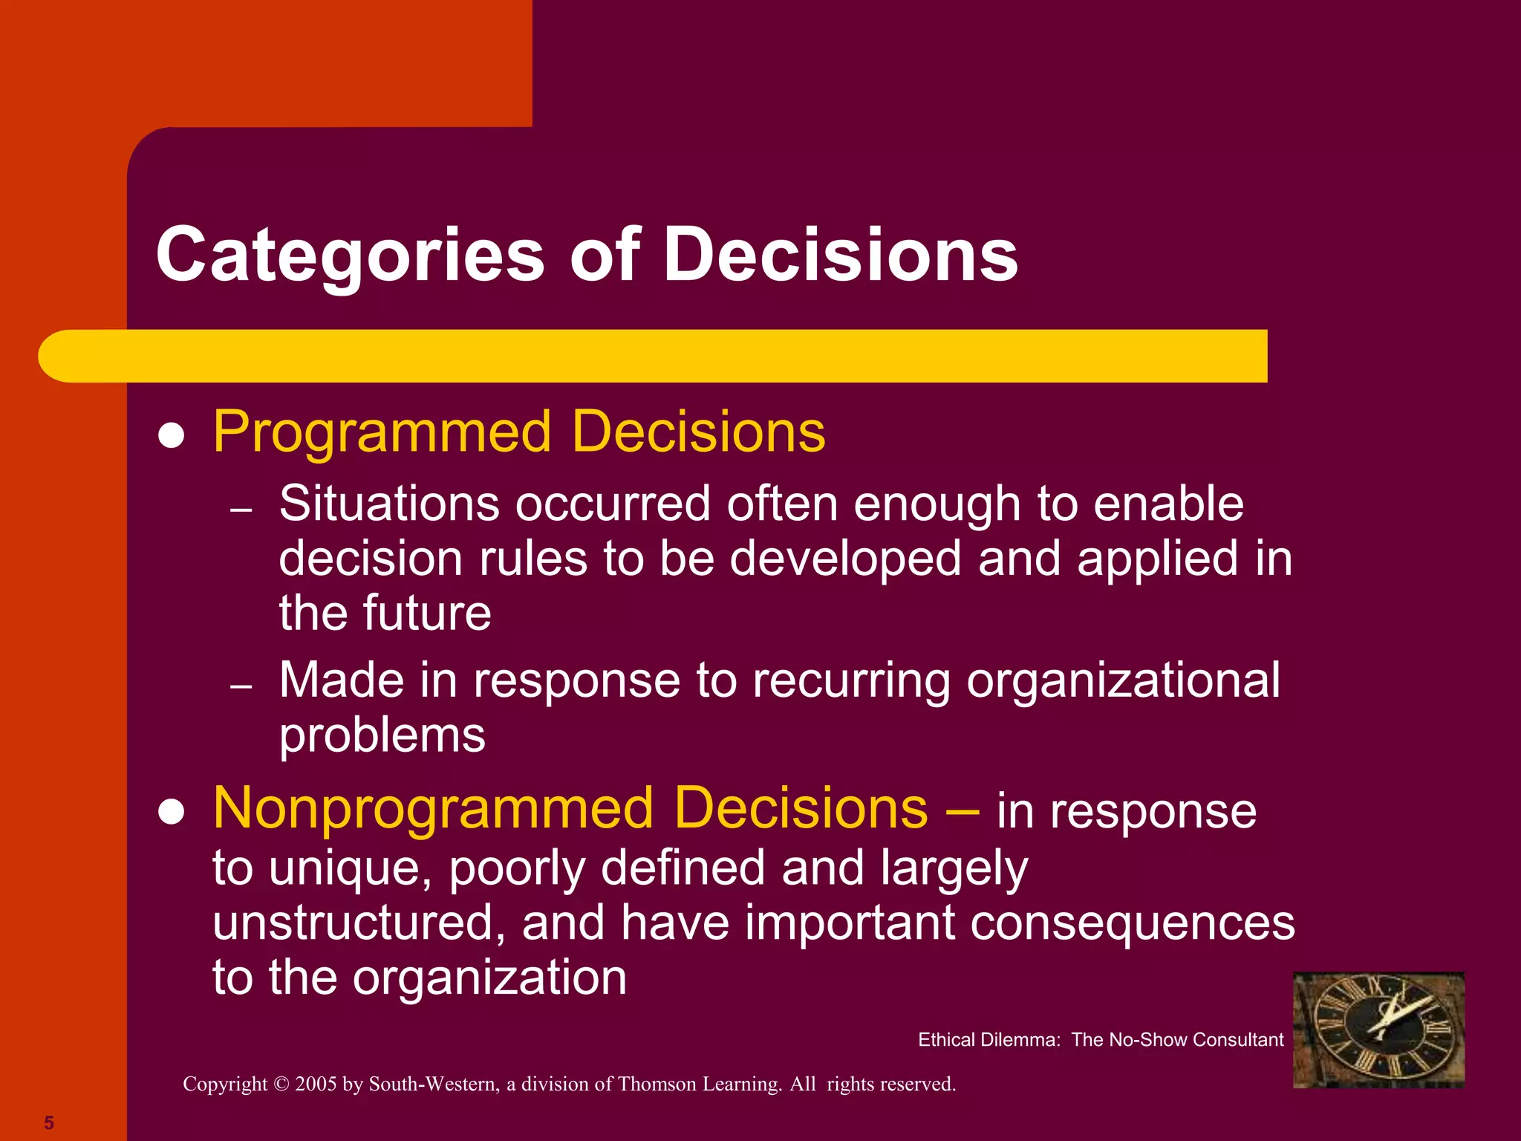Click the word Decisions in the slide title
pos(840,255)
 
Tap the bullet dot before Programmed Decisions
pos(172,436)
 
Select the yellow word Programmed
pos(382,432)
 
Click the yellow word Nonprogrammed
pos(433,810)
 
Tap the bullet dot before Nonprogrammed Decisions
pos(172,813)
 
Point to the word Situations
pos(389,504)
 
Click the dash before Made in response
pos(241,686)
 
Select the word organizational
pos(1123,680)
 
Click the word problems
pos(382,736)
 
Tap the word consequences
pos(1133,923)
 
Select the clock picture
pos(1378,1030)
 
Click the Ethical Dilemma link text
pos(1101,1040)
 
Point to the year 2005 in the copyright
pos(316,1085)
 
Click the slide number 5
pos(49,1122)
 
